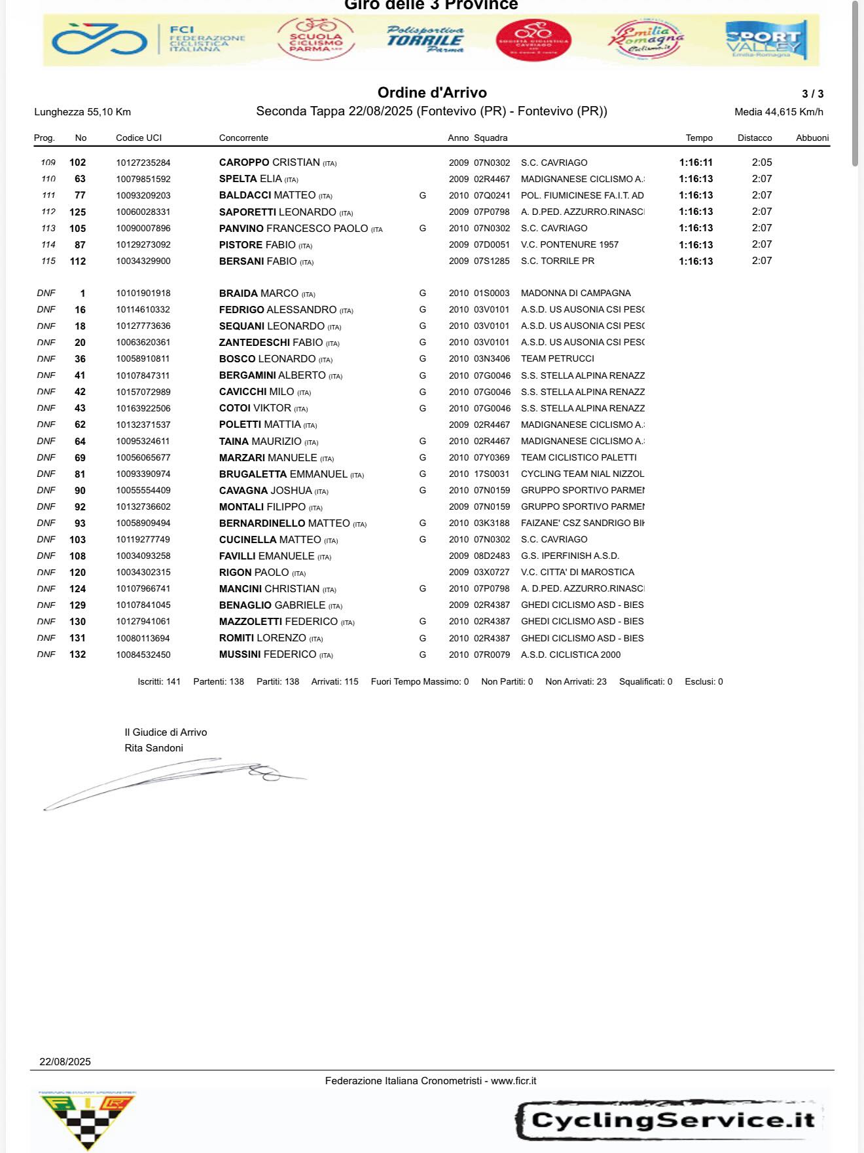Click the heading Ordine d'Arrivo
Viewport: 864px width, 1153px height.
(432, 93)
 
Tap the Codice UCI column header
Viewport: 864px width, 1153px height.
(139, 138)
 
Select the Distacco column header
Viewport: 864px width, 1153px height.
(755, 138)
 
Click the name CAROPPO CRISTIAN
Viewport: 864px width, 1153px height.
(270, 162)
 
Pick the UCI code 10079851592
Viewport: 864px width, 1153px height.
(143, 179)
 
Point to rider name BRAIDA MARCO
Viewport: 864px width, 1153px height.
(259, 293)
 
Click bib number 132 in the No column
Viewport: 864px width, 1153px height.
(78, 654)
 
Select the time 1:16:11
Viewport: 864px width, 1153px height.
(696, 162)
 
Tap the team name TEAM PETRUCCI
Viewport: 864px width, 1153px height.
(558, 359)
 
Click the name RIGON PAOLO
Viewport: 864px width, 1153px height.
(254, 573)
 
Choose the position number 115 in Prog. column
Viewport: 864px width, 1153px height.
(48, 261)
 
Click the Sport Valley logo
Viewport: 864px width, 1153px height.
(766, 41)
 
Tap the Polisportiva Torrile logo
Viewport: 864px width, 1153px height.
(425, 40)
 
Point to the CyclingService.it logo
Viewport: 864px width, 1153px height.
(669, 1120)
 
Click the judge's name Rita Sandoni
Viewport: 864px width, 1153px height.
(154, 748)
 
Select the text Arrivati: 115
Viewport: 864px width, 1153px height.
(334, 682)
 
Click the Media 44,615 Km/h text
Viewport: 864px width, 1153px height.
(779, 112)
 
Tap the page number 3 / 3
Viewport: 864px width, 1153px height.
(812, 94)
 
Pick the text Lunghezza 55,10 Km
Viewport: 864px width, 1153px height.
(82, 112)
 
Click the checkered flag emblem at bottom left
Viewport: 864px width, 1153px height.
(87, 1122)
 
